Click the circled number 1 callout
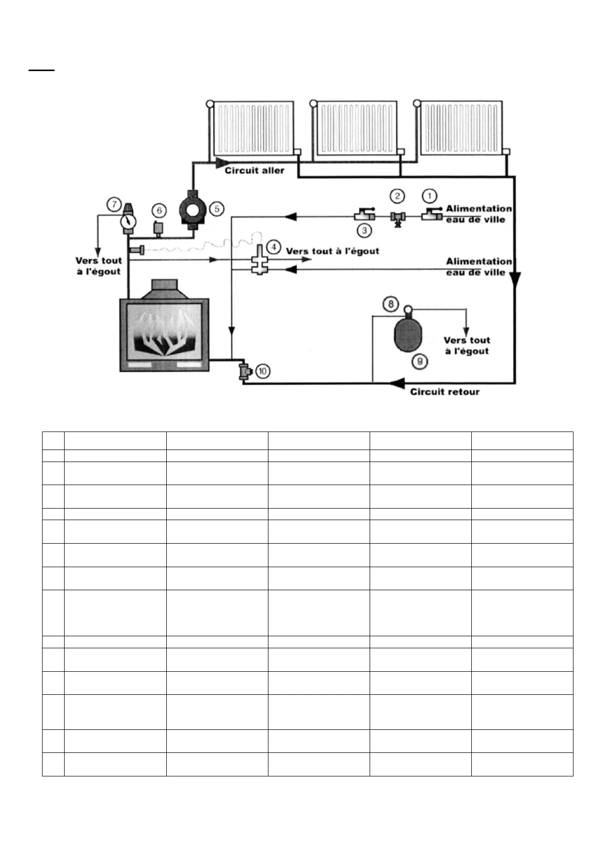tap(429, 196)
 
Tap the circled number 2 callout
tap(397, 196)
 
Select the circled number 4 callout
tap(273, 247)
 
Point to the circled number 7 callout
tap(114, 204)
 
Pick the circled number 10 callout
tap(262, 371)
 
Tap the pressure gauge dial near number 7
tap(129, 221)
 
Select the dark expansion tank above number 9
tap(408, 333)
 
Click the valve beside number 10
tap(245, 371)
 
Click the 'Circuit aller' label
tap(254, 171)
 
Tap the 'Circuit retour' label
tap(445, 392)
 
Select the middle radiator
tap(357, 129)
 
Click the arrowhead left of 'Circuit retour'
tap(397, 383)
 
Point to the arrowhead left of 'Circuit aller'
tap(221, 162)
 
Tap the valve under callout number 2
tap(398, 218)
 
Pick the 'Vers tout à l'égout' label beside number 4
tap(333, 251)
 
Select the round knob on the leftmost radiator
tap(210, 104)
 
